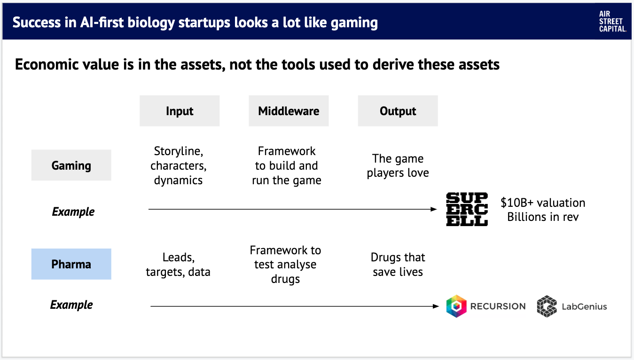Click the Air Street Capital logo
[x=612, y=22]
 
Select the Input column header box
[x=180, y=110]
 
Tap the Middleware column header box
[x=289, y=110]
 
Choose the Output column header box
[x=398, y=110]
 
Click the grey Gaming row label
[x=71, y=165]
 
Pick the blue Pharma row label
[x=71, y=264]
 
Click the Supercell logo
[x=467, y=209]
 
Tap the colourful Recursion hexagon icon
[x=456, y=306]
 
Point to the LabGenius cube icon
[x=547, y=306]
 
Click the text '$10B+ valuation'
[x=543, y=203]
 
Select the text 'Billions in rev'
[x=543, y=217]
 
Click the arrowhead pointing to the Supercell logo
[x=434, y=209]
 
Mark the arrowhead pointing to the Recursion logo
[x=436, y=306]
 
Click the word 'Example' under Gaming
[x=73, y=211]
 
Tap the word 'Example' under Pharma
[x=71, y=305]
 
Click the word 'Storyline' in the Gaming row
[x=178, y=151]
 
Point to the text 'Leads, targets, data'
[x=178, y=264]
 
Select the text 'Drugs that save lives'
[x=398, y=264]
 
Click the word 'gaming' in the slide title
[x=354, y=23]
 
